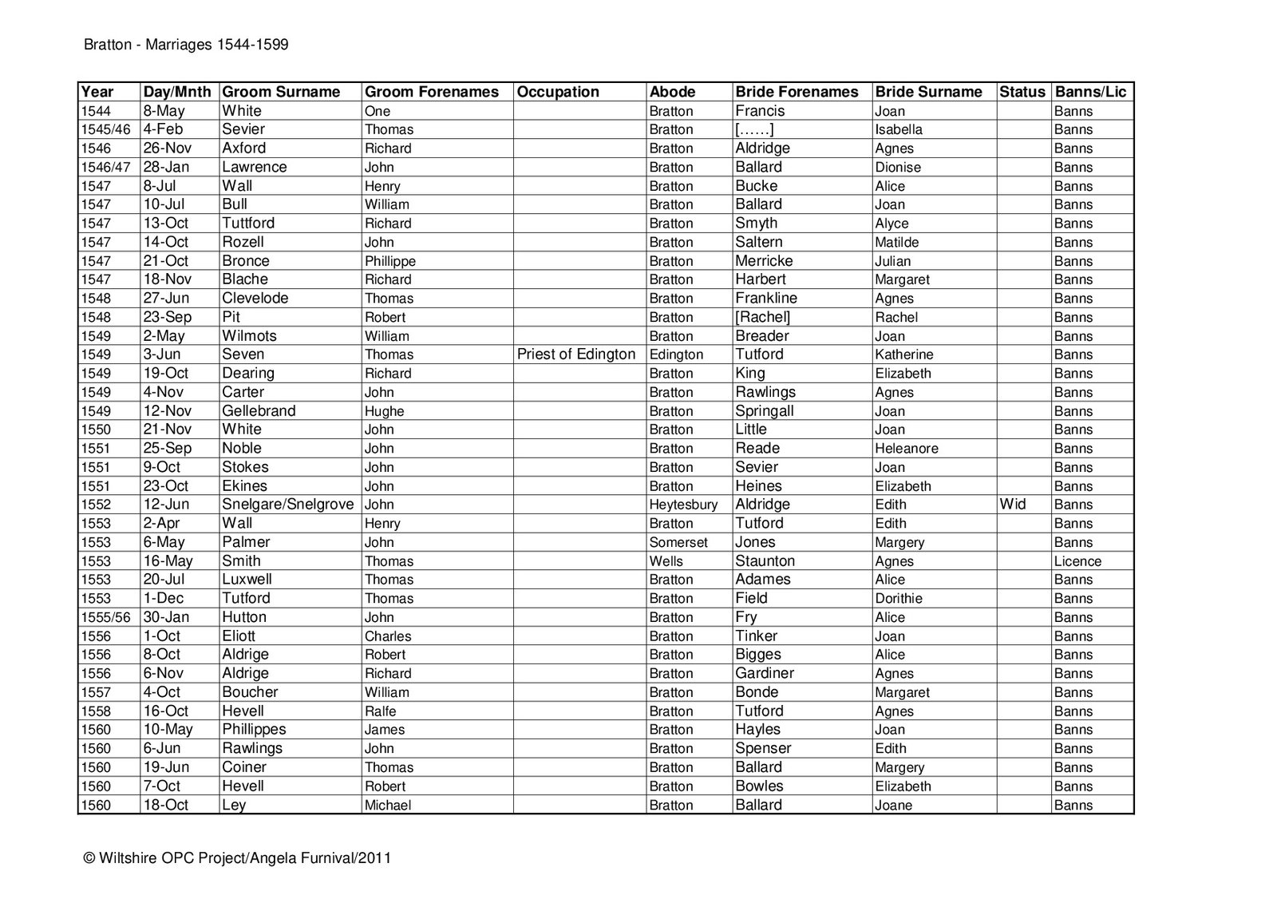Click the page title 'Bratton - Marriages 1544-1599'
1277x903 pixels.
click(x=186, y=45)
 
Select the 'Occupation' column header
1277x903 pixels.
click(x=558, y=92)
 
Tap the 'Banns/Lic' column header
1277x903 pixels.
click(x=1090, y=92)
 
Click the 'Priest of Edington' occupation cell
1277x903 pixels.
click(x=576, y=354)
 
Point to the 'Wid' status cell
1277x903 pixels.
click(x=1012, y=505)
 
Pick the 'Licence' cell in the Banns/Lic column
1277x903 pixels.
click(x=1077, y=561)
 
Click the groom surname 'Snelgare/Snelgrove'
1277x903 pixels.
click(x=288, y=505)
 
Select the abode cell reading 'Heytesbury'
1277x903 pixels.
click(x=683, y=505)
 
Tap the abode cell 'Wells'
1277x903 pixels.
click(x=666, y=561)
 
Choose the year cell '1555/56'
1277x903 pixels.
click(x=105, y=617)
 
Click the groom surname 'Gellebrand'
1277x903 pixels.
click(x=259, y=411)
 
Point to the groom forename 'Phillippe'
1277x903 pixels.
click(x=390, y=261)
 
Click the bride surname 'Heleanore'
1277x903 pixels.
click(x=907, y=449)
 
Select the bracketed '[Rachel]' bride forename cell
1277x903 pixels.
click(x=763, y=317)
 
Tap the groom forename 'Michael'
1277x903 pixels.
click(x=388, y=806)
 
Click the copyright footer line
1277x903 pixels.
click(x=237, y=858)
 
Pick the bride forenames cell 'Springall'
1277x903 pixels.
click(x=765, y=411)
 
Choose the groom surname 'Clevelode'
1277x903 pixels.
click(x=255, y=299)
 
